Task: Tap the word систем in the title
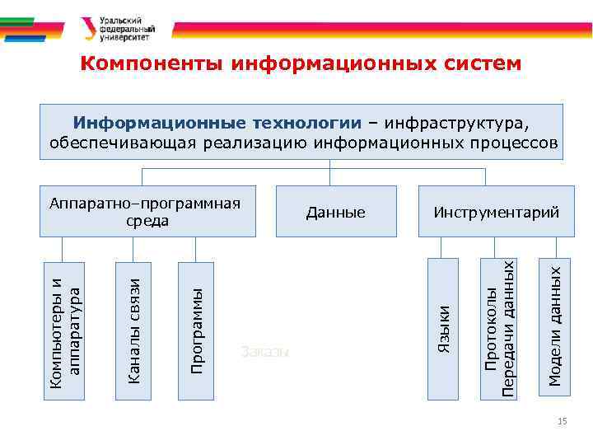(x=476, y=63)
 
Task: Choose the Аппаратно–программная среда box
(x=148, y=213)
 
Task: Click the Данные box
(x=336, y=213)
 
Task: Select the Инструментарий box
(x=497, y=213)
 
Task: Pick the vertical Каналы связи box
(x=134, y=330)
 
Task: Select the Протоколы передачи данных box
(x=501, y=328)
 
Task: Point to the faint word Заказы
(x=265, y=351)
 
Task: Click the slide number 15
(x=563, y=422)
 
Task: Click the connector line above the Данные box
(x=330, y=176)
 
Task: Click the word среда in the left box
(x=148, y=221)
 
